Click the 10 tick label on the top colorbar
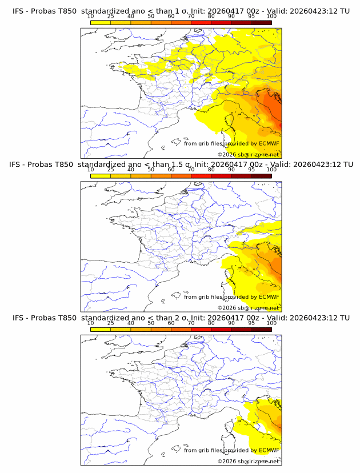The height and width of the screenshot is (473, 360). click(91, 16)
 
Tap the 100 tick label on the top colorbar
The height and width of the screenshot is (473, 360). click(271, 16)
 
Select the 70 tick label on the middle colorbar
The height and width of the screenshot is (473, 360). click(191, 170)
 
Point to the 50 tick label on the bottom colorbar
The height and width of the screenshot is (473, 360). click(151, 323)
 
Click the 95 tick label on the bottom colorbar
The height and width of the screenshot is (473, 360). click(251, 323)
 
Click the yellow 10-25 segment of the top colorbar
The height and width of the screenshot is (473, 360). click(101, 22)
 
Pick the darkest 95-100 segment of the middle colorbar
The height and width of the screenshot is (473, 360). click(262, 175)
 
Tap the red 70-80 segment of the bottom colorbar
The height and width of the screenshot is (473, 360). click(201, 329)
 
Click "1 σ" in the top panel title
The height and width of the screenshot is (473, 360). click(184, 10)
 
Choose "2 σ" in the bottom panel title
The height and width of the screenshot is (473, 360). click(184, 318)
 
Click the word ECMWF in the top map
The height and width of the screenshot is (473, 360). click(269, 143)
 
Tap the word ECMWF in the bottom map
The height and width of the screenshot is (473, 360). click(269, 450)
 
